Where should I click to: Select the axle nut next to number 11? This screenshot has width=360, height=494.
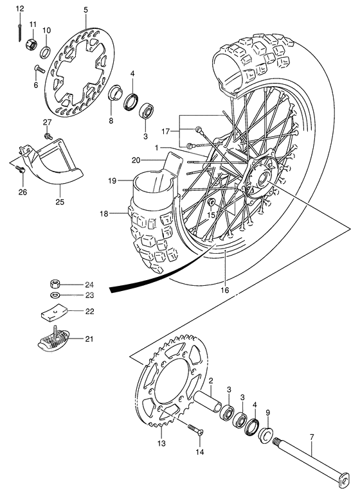point(29,46)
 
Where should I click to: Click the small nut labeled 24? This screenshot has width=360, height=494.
point(57,283)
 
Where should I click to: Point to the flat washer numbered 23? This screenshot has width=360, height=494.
point(57,296)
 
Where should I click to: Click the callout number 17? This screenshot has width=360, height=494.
point(166,132)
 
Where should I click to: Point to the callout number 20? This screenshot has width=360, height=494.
point(136,160)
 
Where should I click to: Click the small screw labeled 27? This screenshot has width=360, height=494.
point(48,136)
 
